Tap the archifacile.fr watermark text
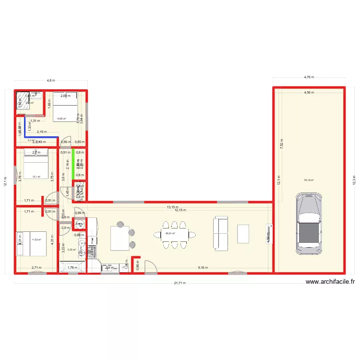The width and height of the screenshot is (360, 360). point(330,283)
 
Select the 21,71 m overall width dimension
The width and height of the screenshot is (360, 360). point(179,283)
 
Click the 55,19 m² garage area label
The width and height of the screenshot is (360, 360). point(309,180)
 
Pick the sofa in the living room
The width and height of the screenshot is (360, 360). point(222,233)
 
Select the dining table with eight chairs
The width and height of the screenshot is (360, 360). point(175,234)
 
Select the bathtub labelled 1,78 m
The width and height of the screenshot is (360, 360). point(72,267)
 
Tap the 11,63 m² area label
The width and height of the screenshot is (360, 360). point(36,240)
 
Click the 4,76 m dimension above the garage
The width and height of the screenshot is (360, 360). point(309,77)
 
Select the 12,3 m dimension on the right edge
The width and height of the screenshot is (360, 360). point(354,181)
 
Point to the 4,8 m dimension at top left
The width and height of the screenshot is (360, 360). point(50,81)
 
